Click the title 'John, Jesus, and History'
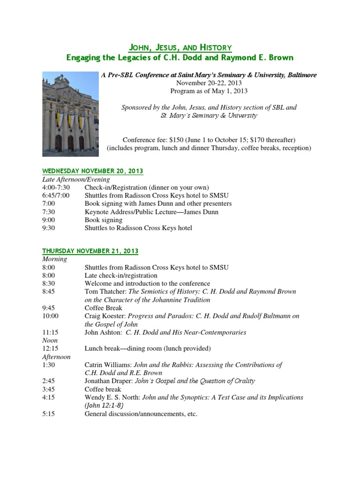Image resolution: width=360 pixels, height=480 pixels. pyautogui.click(x=180, y=47)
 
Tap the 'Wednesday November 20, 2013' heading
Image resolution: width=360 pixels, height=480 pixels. pyautogui.click(x=93, y=171)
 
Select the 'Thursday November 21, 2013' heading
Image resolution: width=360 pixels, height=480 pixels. pyautogui.click(x=90, y=251)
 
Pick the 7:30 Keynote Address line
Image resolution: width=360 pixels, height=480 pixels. pyautogui.click(x=151, y=212)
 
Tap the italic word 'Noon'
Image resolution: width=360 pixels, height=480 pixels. pyautogui.click(x=50, y=340)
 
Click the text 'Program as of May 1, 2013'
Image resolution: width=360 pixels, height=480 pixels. pyautogui.click(x=209, y=91)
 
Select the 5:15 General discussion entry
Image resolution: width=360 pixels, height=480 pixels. pyautogui.click(x=141, y=414)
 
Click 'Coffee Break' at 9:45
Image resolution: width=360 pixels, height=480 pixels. pyautogui.click(x=103, y=308)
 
